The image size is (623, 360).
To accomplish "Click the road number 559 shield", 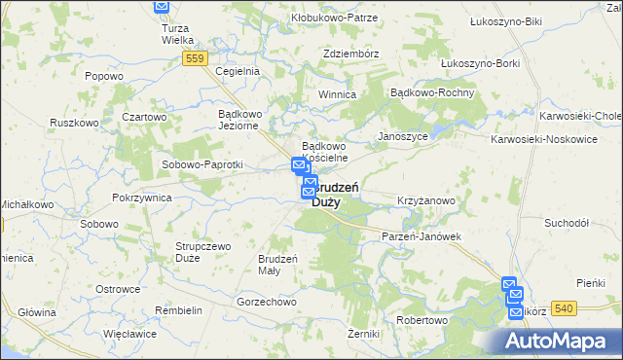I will pyautogui.click(x=195, y=59).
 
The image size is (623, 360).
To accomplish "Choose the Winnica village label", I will pyautogui.click(x=337, y=94).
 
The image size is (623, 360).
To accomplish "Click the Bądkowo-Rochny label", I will pyautogui.click(x=431, y=92).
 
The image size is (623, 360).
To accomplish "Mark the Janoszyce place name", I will pyautogui.click(x=403, y=136).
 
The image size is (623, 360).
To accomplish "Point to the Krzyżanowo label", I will pyautogui.click(x=426, y=200).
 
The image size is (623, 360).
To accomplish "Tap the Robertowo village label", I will pyautogui.click(x=421, y=320).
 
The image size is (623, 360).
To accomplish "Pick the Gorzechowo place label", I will pyautogui.click(x=266, y=302).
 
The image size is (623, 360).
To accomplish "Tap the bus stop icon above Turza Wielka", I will pyautogui.click(x=162, y=6).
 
